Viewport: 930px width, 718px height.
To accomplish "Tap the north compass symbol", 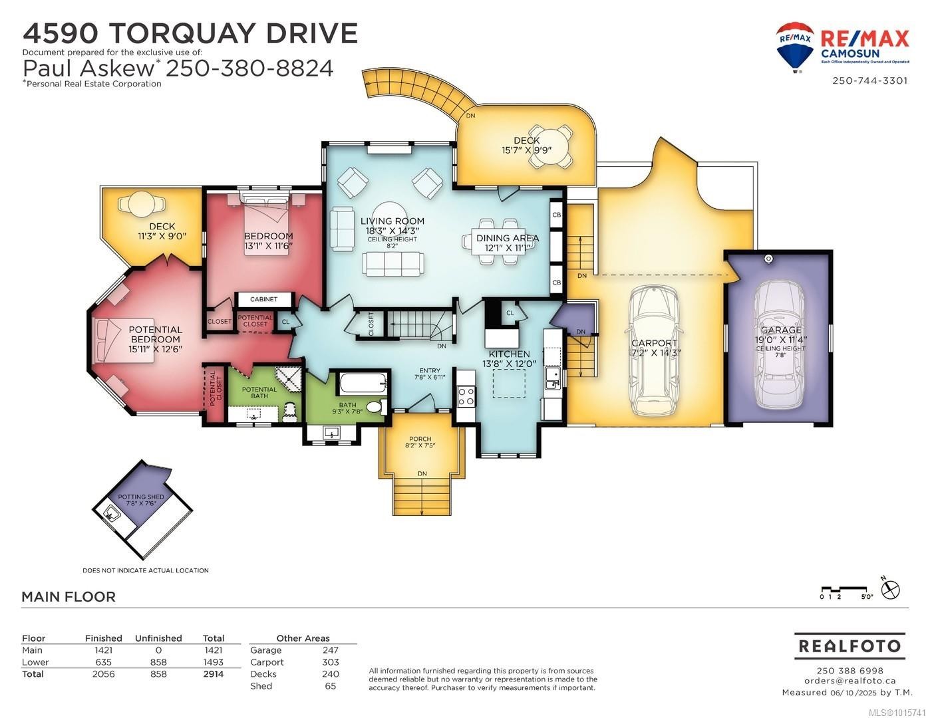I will [x=890, y=589].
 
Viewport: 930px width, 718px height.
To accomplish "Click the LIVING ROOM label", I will [x=392, y=221].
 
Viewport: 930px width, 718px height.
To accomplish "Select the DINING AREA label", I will [x=507, y=238].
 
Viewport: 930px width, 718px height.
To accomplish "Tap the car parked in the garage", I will [x=778, y=346].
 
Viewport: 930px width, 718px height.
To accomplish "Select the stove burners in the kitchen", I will [x=466, y=396].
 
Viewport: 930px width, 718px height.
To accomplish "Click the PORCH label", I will [x=420, y=439].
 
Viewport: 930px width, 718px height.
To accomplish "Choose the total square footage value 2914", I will [x=213, y=674].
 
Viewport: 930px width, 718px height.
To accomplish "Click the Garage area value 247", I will [x=330, y=650].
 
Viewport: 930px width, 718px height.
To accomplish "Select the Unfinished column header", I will [x=158, y=638].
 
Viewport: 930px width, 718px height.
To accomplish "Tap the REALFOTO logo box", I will [x=850, y=646].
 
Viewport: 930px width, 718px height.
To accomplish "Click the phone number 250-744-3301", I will [x=869, y=80].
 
